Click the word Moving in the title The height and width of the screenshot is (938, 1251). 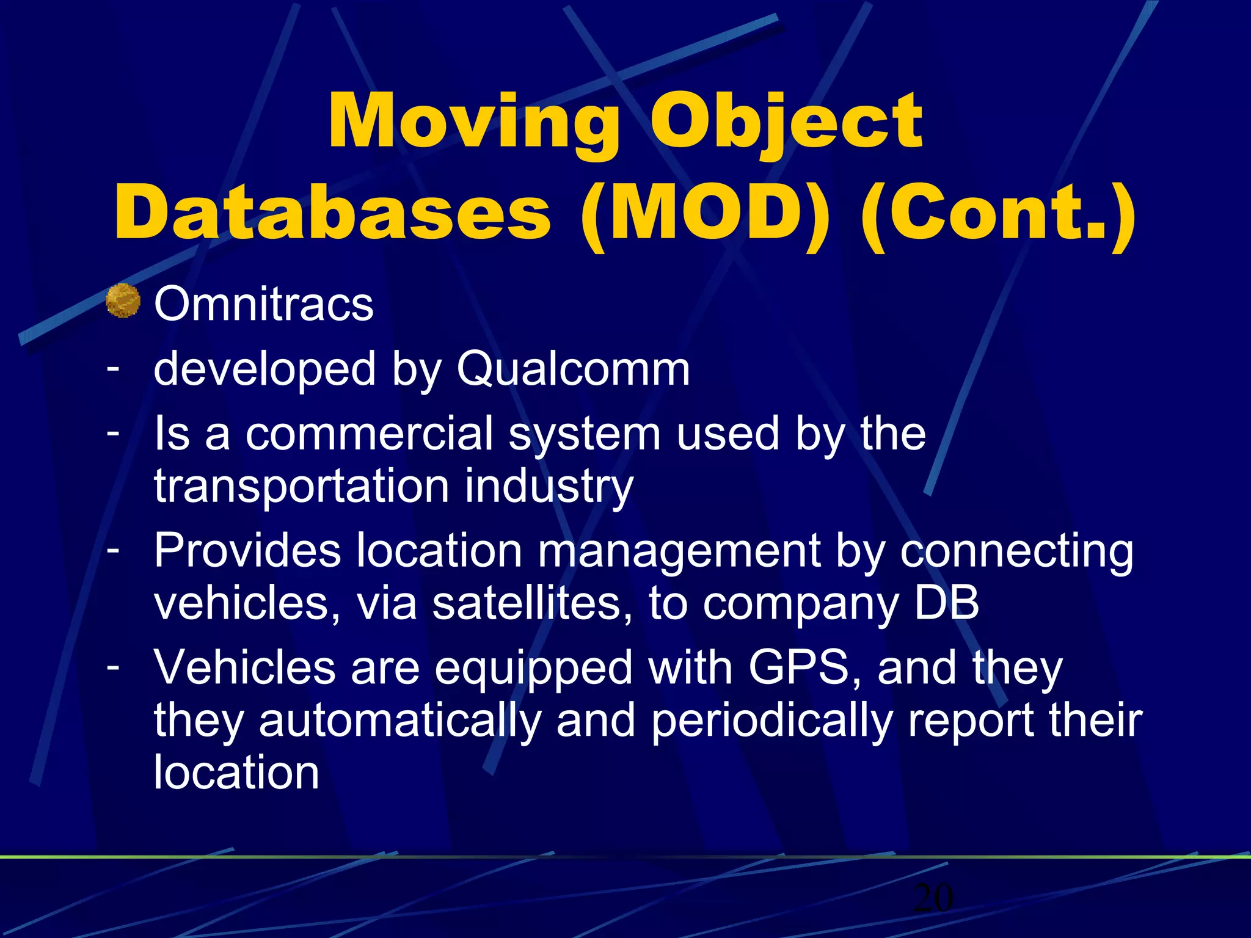click(473, 122)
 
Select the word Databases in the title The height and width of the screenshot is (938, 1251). click(333, 213)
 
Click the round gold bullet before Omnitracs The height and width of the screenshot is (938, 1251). click(123, 301)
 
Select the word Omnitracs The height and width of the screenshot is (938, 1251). click(263, 304)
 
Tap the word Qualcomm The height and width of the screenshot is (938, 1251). click(573, 369)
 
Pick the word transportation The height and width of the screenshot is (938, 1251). click(302, 486)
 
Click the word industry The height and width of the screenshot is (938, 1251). click(549, 487)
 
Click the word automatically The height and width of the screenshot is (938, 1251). click(399, 721)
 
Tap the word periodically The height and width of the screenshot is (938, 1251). click(771, 721)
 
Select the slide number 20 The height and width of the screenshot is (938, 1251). click(933, 898)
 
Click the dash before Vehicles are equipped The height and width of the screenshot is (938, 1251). click(112, 666)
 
